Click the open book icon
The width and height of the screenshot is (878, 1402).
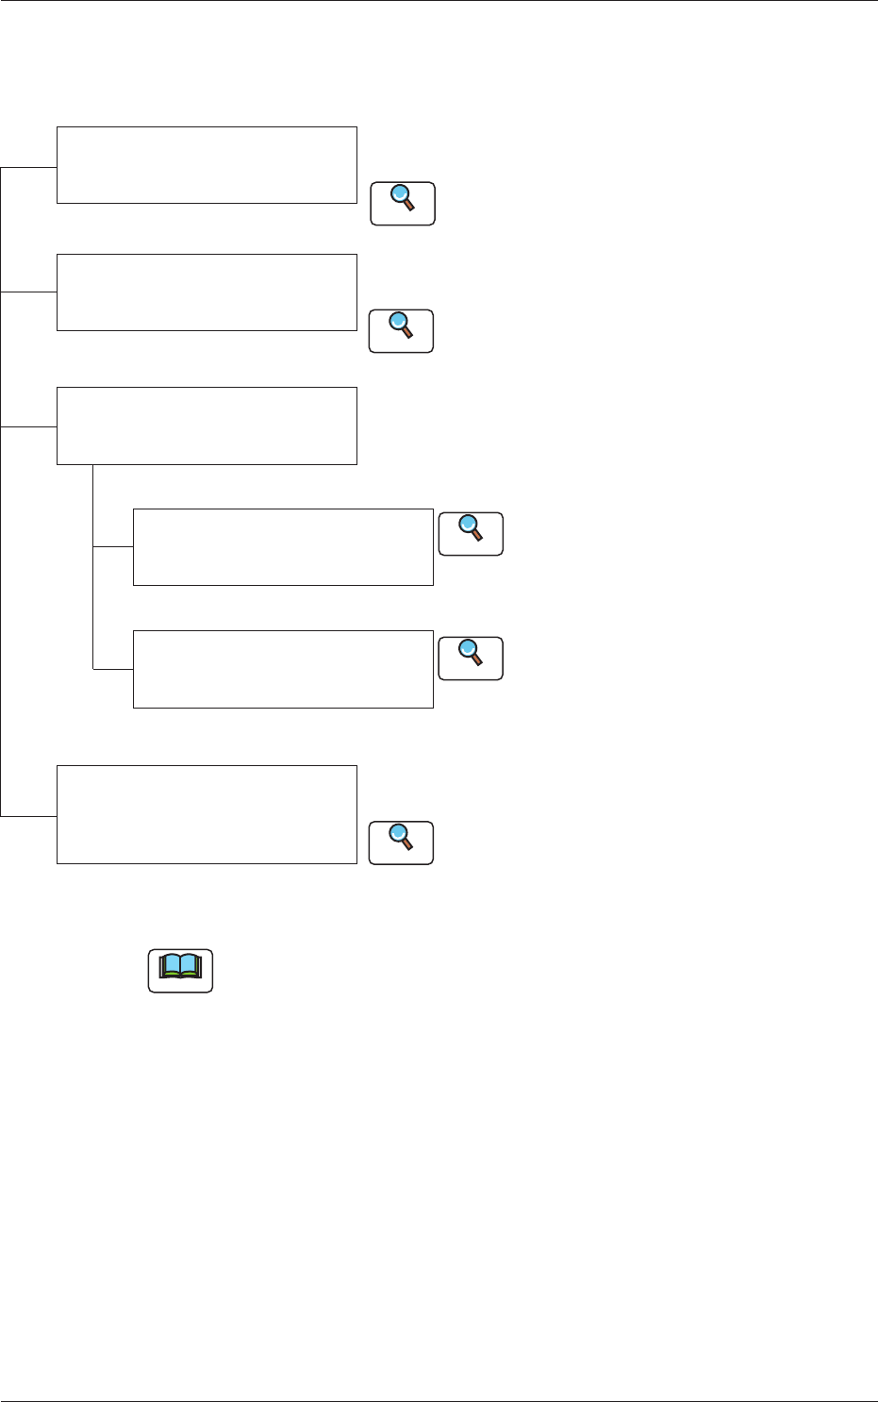180,970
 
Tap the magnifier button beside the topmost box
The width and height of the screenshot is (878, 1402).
403,203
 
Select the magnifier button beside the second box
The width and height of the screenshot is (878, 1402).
401,330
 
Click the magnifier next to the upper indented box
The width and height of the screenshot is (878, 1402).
471,533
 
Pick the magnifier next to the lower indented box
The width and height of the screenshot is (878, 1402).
471,658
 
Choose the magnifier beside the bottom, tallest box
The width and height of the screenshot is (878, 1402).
401,843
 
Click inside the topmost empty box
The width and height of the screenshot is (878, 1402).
207,164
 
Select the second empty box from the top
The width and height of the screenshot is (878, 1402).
207,292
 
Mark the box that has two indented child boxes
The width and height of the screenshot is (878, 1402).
207,426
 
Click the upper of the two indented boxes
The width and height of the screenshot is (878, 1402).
283,547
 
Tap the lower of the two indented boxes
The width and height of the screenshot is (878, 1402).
283,669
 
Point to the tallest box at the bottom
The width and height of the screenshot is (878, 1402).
207,814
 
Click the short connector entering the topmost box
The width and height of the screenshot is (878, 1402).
28,167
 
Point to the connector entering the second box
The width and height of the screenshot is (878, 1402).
28,292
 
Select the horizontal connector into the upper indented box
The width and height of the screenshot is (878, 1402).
113,546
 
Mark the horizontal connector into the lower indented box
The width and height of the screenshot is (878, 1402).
113,669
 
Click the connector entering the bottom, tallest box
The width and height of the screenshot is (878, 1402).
28,814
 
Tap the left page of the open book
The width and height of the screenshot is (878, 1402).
170,966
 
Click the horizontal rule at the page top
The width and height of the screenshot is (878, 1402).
439,1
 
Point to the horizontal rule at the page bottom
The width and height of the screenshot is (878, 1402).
439,1400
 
